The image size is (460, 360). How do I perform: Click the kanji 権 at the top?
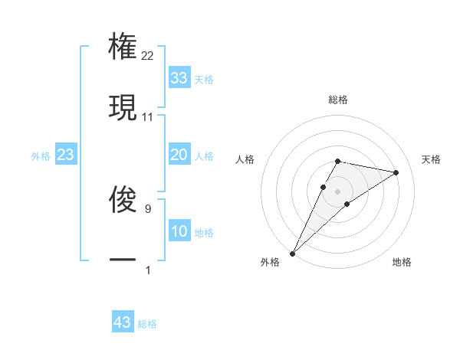123,44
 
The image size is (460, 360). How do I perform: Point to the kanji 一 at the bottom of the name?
123,260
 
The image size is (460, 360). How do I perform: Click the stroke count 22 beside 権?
148,55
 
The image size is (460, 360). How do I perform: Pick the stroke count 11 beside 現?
148,117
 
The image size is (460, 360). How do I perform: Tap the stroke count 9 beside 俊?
147,207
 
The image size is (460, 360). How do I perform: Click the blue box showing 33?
179,78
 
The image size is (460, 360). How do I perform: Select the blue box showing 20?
179,155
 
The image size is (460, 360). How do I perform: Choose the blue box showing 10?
179,231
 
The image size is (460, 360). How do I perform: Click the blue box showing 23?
65,155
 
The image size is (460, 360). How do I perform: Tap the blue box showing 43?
122,322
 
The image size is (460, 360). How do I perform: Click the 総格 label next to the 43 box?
147,324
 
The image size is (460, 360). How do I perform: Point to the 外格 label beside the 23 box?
41,156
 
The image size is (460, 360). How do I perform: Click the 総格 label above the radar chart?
337,100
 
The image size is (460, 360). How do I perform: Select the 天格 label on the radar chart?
432,159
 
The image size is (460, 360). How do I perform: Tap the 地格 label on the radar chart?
402,262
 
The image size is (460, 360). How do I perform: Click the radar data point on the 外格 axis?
292,254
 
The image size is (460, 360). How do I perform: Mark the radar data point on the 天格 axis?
396,172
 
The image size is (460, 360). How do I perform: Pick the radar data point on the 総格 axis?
337,161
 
